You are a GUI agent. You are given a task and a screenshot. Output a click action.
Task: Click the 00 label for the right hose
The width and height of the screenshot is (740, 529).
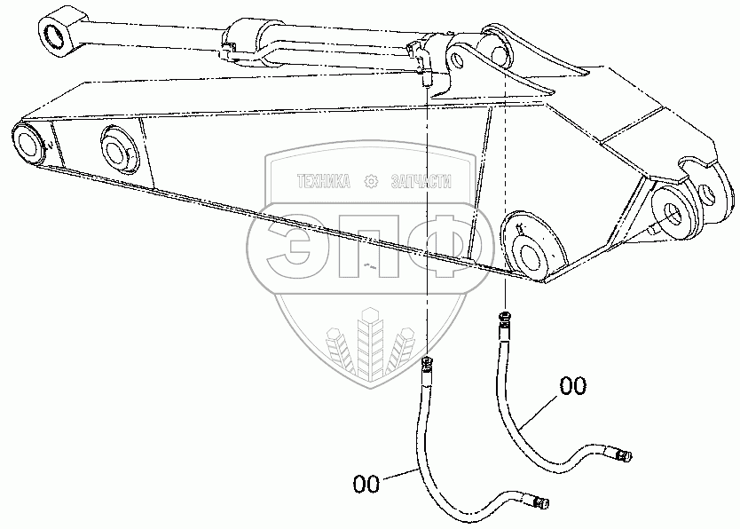pyautogui.click(x=572, y=386)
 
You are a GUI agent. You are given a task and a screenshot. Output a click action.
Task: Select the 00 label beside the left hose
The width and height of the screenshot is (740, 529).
pyautogui.click(x=366, y=484)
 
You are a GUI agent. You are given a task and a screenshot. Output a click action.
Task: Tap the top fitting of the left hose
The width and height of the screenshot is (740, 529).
pyautogui.click(x=428, y=364)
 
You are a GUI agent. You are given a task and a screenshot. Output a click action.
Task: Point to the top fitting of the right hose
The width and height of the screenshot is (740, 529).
pyautogui.click(x=505, y=319)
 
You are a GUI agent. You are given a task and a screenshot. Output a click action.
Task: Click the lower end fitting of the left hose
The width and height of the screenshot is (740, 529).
pyautogui.click(x=540, y=504)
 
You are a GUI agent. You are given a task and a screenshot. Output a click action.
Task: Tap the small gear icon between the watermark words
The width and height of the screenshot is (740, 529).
pyautogui.click(x=372, y=181)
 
